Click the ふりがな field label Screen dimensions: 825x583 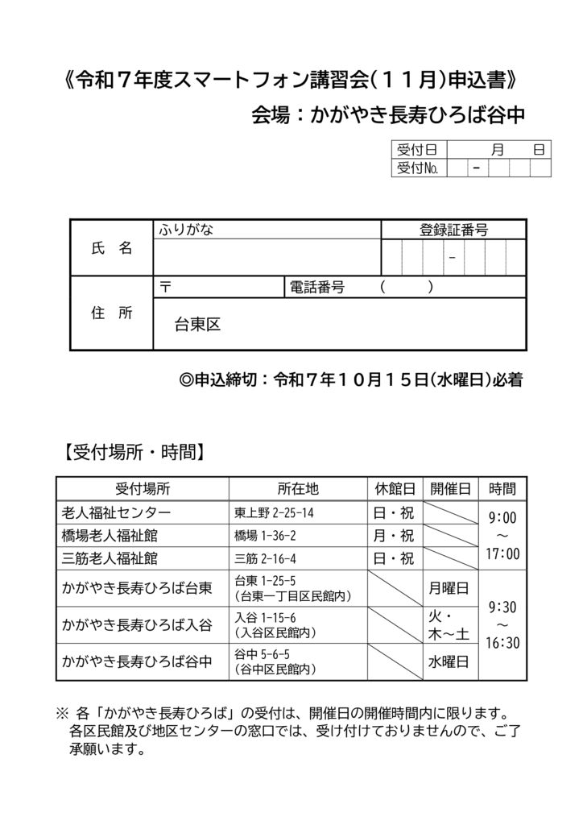coord(186,230)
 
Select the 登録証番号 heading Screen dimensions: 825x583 coord(453,230)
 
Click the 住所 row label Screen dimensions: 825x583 coord(112,313)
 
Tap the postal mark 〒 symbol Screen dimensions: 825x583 coord(166,288)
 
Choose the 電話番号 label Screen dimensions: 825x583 coord(317,288)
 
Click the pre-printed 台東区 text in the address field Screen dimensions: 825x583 coord(197,325)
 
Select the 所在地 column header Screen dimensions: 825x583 coord(298,489)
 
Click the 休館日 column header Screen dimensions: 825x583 coord(394,489)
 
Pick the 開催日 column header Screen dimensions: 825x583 coord(449,489)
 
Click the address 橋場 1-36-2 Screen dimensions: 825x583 coord(266,536)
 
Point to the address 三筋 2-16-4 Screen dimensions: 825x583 coord(266,558)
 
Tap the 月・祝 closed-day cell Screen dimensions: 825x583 coord(394,536)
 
